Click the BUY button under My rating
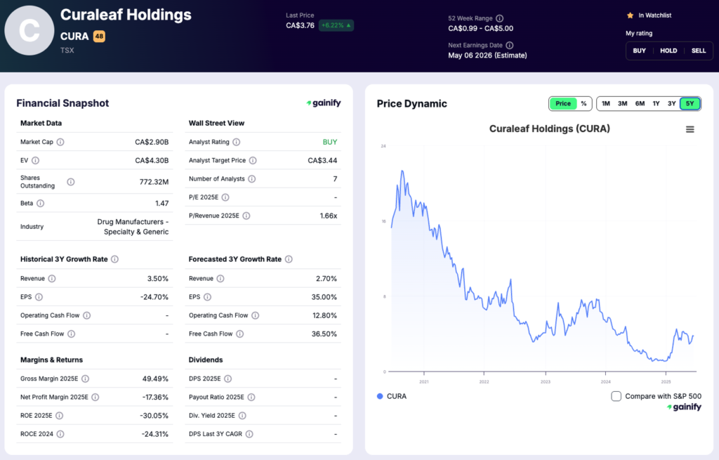coord(639,51)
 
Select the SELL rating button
coord(699,51)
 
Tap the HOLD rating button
coord(668,51)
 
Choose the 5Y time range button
coord(690,104)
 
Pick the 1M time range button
coord(606,104)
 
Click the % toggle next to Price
coord(583,104)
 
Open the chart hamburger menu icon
coord(690,129)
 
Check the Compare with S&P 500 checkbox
coord(616,396)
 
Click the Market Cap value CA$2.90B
coord(152,142)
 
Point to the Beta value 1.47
coord(161,203)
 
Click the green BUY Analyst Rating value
coord(330,142)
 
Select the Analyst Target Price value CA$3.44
coord(322,160)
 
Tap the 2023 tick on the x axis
coord(545,382)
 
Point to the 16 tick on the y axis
coord(383,221)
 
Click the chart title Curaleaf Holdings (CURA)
coord(549,129)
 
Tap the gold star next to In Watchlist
coord(630,15)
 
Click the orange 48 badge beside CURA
coord(99,37)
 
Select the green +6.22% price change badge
coord(336,25)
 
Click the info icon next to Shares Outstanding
coord(70,182)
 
